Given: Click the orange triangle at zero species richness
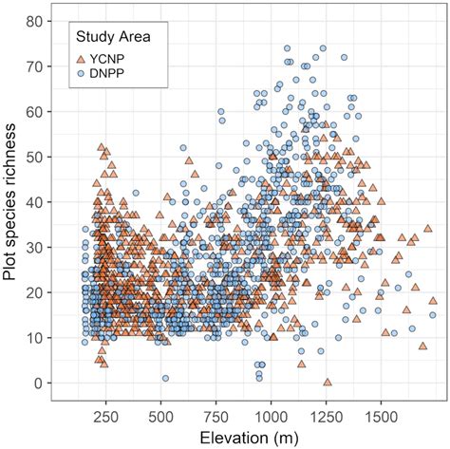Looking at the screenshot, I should pos(328,382).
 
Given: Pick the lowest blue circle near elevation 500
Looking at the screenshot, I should pos(165,378).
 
